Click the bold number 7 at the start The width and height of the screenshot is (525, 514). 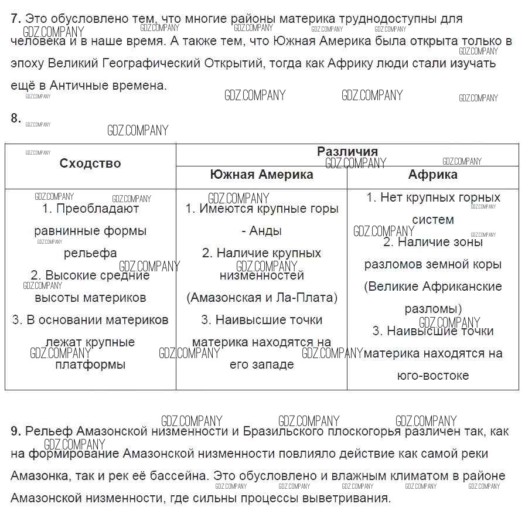(16, 19)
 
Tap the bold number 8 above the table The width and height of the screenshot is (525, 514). (16, 118)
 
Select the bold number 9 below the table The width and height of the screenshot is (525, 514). (16, 431)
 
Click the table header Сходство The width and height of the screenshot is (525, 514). (90, 164)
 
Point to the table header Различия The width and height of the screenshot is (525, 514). (347, 151)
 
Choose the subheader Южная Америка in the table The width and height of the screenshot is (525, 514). (261, 175)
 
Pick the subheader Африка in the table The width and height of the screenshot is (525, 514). (433, 175)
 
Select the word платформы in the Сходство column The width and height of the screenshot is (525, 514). (90, 365)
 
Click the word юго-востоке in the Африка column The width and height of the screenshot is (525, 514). (433, 375)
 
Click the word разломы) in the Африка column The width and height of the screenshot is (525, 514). (433, 309)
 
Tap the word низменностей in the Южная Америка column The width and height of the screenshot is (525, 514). (262, 275)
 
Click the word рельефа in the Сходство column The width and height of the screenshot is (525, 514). (90, 253)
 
